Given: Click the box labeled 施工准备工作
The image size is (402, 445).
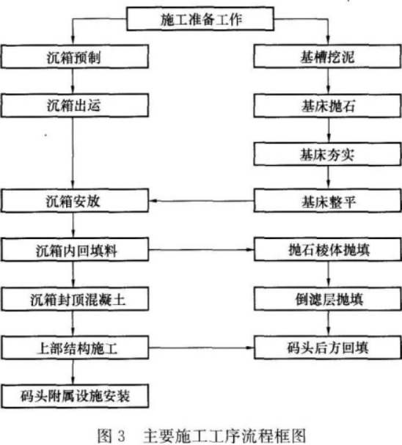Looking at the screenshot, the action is click(200, 19).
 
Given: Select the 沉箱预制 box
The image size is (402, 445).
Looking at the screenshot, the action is click(75, 56).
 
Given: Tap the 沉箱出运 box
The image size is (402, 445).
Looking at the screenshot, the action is click(75, 106).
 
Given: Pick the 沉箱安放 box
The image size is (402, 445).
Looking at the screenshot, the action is click(75, 201).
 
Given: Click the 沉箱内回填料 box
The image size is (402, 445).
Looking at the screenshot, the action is click(75, 250).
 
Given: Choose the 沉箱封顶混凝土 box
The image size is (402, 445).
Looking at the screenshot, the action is click(75, 299).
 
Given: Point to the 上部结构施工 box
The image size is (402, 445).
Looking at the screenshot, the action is click(75, 347).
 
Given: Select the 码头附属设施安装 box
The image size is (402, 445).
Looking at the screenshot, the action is click(75, 396).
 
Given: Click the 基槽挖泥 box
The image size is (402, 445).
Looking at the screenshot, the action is click(328, 56).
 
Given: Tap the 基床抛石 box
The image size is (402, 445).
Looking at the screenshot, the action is click(328, 106).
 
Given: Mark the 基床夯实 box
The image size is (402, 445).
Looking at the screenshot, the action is click(328, 154).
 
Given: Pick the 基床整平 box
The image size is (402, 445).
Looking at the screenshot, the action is click(328, 201).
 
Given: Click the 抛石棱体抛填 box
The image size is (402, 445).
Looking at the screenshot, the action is click(328, 249).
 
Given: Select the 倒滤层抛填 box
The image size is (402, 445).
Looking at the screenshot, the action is click(328, 299).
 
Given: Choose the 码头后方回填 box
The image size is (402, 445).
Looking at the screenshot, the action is click(328, 347).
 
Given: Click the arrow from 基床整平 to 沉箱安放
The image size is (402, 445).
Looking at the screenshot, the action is click(201, 201).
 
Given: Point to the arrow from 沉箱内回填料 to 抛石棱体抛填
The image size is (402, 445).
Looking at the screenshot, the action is click(201, 250).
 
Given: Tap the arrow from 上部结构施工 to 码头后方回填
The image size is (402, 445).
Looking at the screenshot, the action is click(201, 347).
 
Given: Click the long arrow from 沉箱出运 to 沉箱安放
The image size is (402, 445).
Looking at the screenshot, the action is click(73, 153).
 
